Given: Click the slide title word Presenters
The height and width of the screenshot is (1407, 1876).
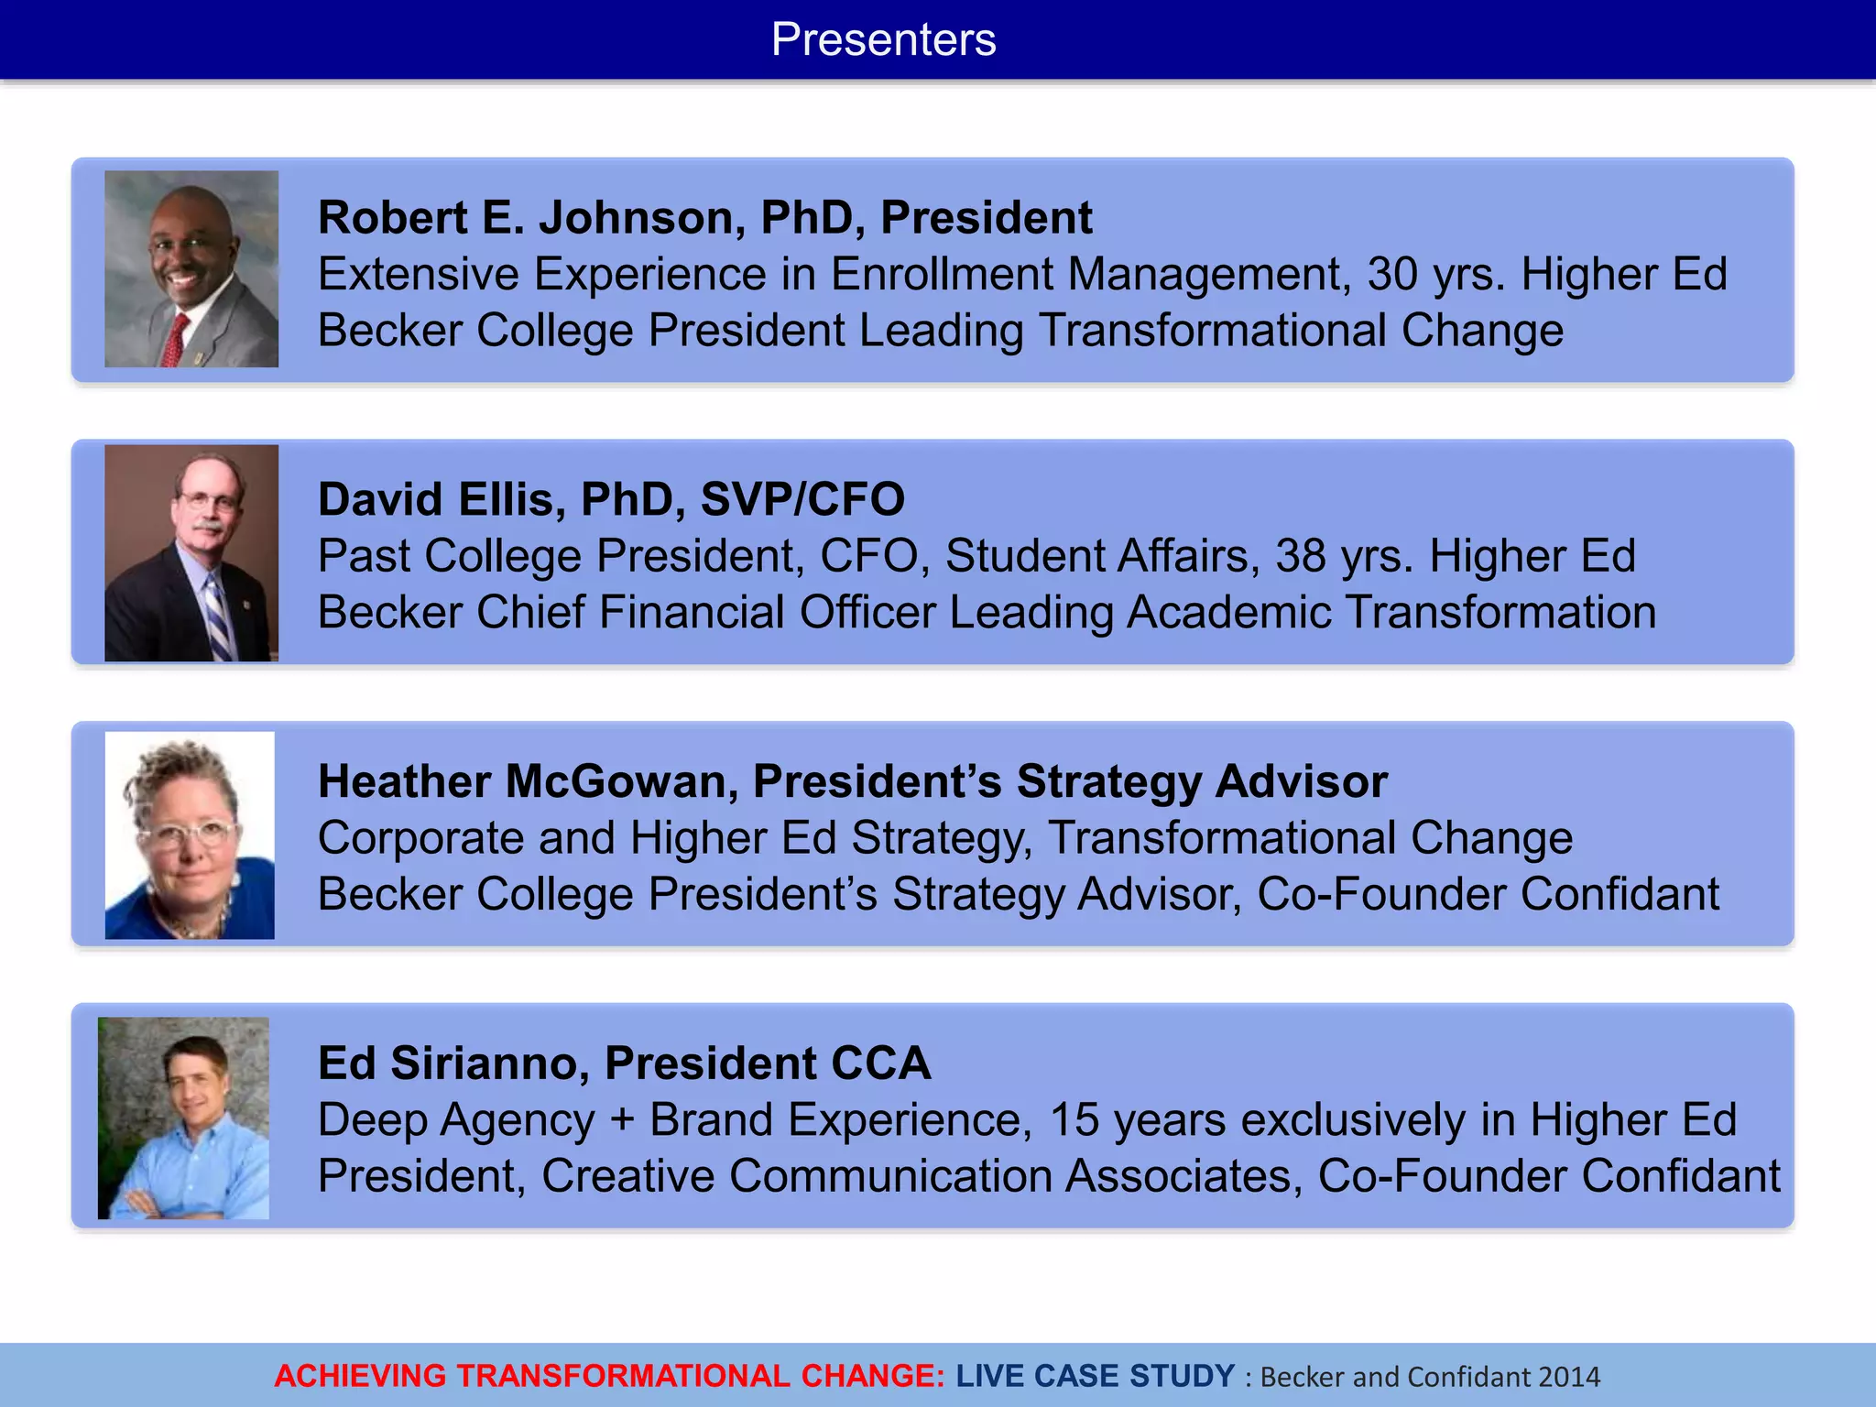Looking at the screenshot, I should tap(883, 39).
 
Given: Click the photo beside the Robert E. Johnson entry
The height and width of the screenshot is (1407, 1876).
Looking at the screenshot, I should tap(191, 269).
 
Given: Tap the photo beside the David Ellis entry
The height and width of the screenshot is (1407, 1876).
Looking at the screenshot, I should tap(191, 552).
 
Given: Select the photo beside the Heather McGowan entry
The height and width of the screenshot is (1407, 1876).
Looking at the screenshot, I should tap(190, 834).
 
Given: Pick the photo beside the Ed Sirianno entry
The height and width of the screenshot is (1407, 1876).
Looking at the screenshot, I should tap(184, 1118).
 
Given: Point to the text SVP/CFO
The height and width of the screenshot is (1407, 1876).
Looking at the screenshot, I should tap(802, 500).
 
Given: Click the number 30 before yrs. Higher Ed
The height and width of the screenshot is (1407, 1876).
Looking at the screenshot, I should tap(1392, 274).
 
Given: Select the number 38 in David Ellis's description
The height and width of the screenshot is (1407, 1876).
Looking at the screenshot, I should tap(1301, 556).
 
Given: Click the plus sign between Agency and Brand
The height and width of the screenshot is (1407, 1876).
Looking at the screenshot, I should tap(622, 1121).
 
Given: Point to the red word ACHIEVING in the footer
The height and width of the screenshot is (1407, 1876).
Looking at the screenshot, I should tap(360, 1376).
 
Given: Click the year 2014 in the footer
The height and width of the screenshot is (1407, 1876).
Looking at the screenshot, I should tap(1569, 1377).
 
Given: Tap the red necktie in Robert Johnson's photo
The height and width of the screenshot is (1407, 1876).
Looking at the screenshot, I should tap(175, 339).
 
